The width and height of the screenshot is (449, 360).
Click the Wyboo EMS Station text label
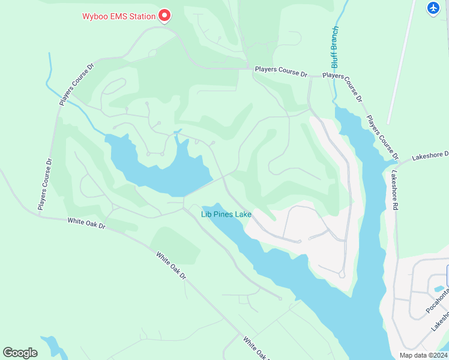tap(119, 16)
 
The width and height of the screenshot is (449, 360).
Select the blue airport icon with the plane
tap(434, 8)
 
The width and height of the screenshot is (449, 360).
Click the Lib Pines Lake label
tap(226, 214)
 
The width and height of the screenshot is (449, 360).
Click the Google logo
tap(20, 352)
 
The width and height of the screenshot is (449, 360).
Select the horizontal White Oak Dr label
tap(86, 223)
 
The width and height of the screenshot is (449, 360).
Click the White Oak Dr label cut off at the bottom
tap(255, 349)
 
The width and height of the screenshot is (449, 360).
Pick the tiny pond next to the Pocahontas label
tap(439, 289)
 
